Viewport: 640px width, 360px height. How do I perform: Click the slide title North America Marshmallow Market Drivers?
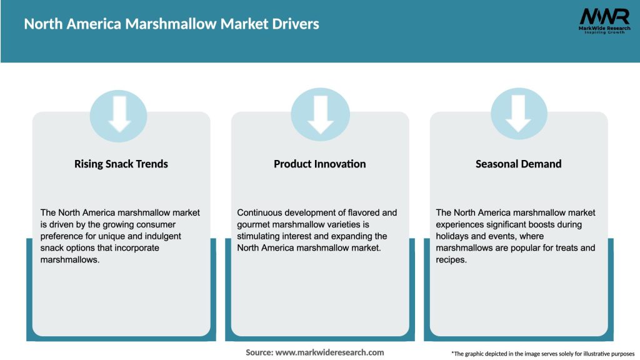pos(171,24)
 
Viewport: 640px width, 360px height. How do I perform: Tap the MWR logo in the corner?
pos(604,17)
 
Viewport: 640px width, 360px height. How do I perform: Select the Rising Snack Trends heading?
pos(121,164)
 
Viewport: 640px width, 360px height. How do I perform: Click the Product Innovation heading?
pos(320,164)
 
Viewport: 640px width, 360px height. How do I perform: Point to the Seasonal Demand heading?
pos(519,164)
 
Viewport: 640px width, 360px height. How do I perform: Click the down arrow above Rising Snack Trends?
pos(119,114)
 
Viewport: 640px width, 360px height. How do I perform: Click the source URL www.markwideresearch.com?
pos(330,352)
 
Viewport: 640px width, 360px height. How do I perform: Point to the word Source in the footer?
pos(259,352)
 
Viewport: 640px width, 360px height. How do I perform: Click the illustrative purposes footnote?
pos(542,354)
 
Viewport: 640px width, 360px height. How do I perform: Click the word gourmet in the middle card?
pos(257,224)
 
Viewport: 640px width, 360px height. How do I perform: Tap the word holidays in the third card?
pos(454,236)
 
